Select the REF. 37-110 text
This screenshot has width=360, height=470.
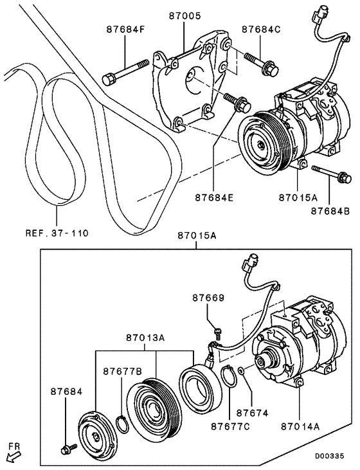click(56, 231)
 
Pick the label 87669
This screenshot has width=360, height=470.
click(208, 298)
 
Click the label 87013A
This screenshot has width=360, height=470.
click(145, 338)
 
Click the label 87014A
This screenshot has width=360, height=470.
click(300, 424)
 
